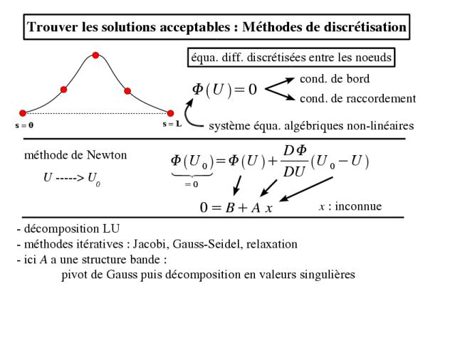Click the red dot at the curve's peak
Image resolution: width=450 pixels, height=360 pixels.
(x=96, y=55)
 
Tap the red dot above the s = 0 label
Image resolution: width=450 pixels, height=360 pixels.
(x=23, y=113)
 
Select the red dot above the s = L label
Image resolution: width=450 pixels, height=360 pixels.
(x=170, y=113)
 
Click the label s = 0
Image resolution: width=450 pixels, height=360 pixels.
(x=24, y=125)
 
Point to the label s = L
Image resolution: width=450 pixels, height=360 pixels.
(x=172, y=124)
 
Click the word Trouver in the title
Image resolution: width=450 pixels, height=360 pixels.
(x=53, y=27)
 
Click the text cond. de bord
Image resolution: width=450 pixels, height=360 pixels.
(x=335, y=79)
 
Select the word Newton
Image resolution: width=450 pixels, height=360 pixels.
(x=107, y=155)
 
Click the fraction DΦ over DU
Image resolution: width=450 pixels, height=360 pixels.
(x=295, y=161)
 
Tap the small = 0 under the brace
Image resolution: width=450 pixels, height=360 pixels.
(x=192, y=184)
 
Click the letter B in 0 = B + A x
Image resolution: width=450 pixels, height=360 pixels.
(x=229, y=208)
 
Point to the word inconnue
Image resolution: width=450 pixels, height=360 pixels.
(x=358, y=206)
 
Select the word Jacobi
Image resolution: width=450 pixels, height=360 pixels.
(x=150, y=244)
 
